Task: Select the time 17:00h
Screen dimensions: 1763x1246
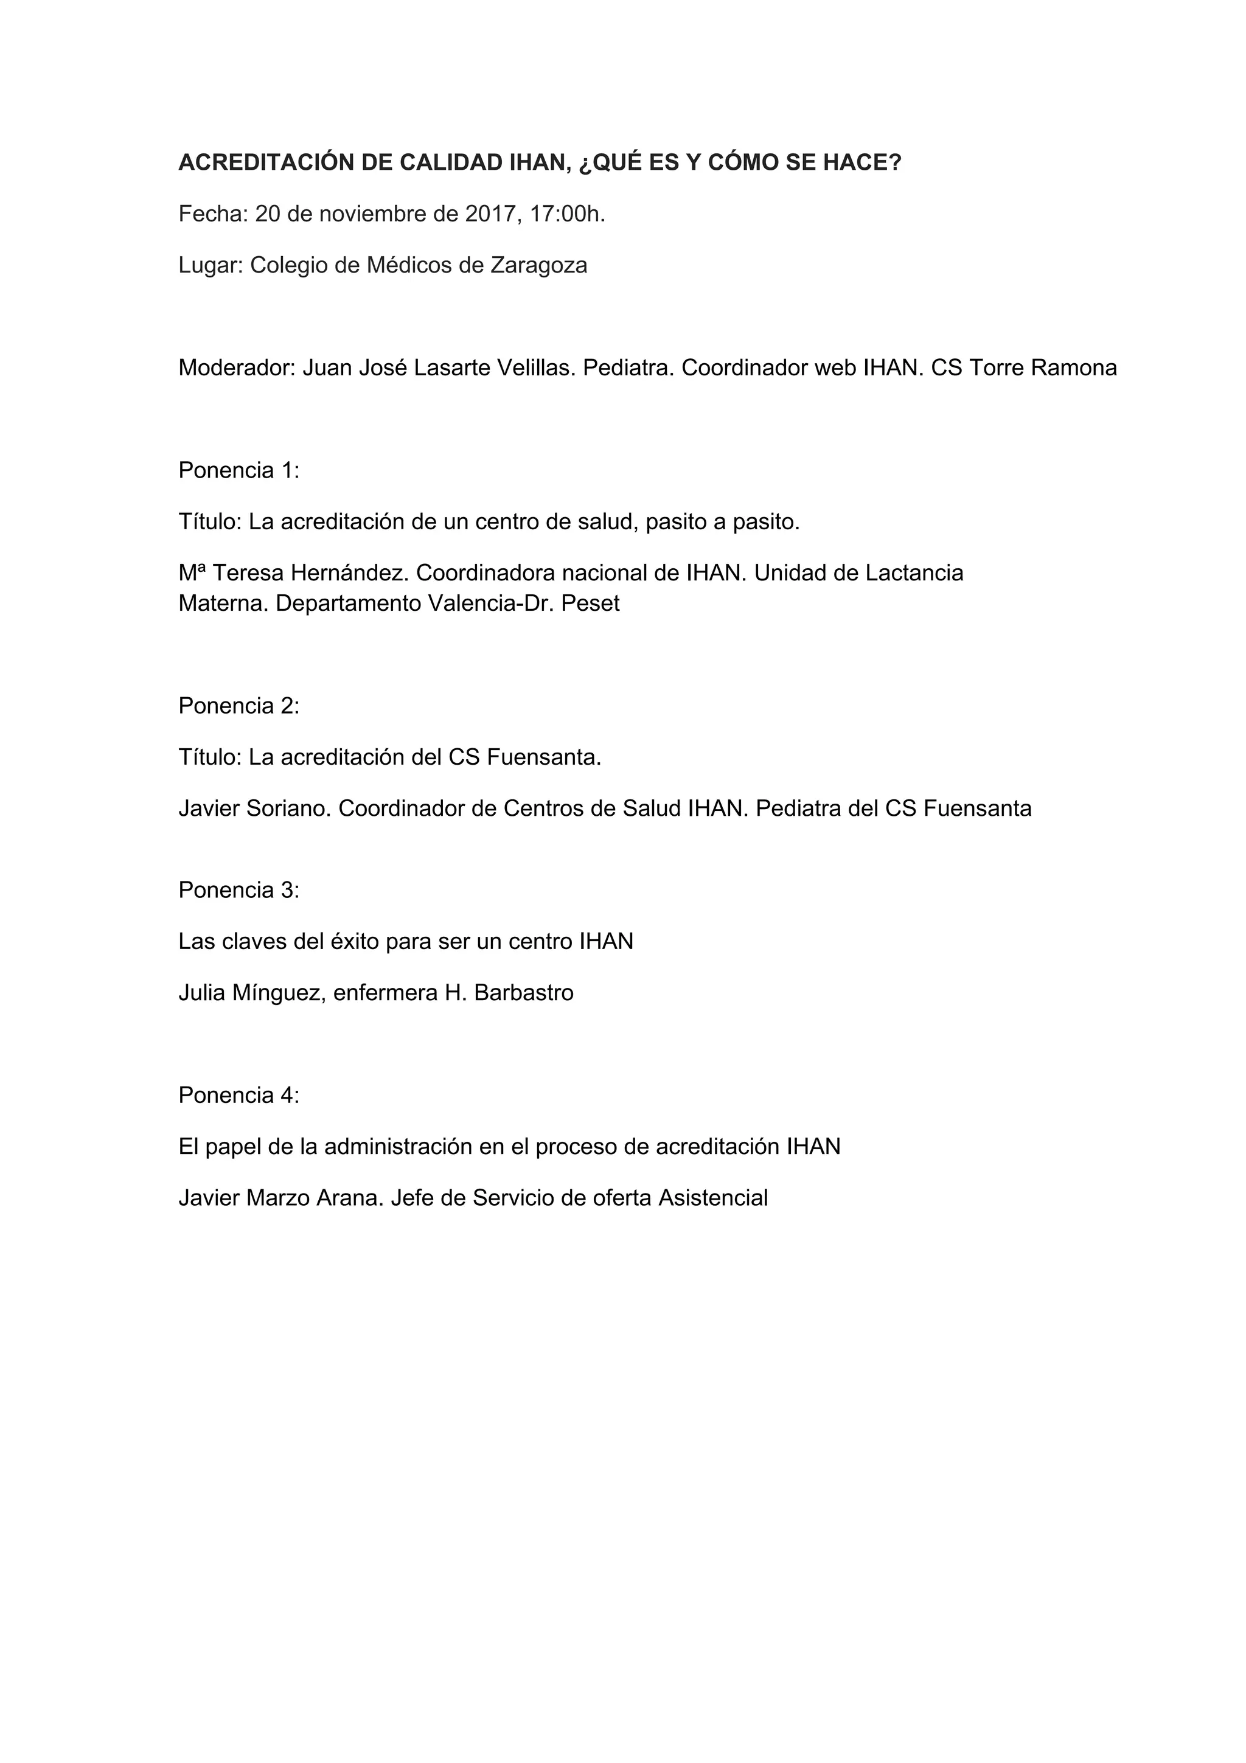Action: click(x=568, y=214)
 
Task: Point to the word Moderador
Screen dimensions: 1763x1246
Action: click(x=237, y=368)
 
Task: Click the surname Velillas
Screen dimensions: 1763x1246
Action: click(x=536, y=368)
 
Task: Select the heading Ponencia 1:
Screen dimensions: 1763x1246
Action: click(x=238, y=470)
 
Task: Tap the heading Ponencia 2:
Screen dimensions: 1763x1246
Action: click(x=238, y=706)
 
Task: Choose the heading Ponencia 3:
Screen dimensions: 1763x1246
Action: click(x=238, y=890)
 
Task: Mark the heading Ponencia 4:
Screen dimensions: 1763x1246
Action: click(x=238, y=1095)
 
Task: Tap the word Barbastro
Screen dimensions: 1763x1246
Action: click(x=524, y=993)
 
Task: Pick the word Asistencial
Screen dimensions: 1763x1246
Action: click(x=713, y=1198)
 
